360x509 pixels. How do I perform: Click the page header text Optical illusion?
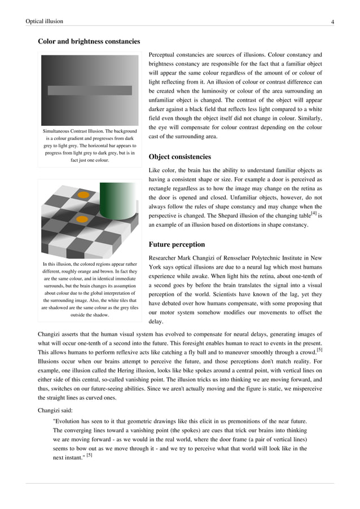click(44, 21)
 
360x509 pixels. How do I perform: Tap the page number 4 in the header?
click(332, 22)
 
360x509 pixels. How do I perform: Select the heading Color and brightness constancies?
click(89, 41)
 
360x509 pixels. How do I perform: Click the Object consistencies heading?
click(179, 156)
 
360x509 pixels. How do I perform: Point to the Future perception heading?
click(176, 244)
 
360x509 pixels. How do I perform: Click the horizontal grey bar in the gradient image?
click(90, 90)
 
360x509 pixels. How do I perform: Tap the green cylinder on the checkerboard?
click(118, 200)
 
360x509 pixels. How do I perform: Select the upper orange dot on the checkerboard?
click(84, 195)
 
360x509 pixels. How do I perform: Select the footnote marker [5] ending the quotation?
click(89, 455)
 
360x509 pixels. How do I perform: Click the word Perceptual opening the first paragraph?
click(163, 55)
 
